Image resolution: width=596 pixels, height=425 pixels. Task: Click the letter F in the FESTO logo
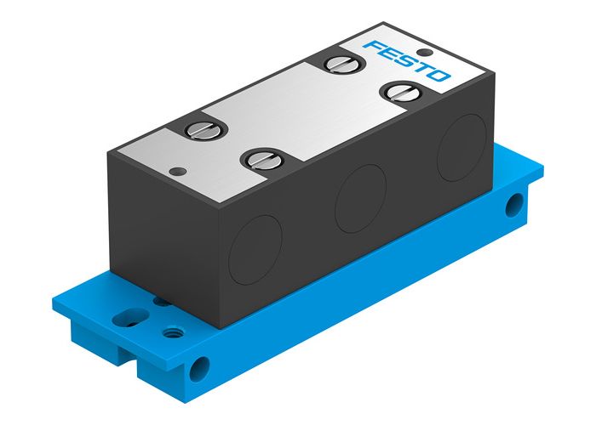372,45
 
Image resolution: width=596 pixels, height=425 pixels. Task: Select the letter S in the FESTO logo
404,59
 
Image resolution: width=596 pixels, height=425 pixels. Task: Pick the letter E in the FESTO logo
387,52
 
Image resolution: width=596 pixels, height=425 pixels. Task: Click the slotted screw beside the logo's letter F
335,63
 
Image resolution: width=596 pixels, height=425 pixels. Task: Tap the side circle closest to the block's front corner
253,249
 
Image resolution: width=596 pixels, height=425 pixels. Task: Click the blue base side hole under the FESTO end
514,203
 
